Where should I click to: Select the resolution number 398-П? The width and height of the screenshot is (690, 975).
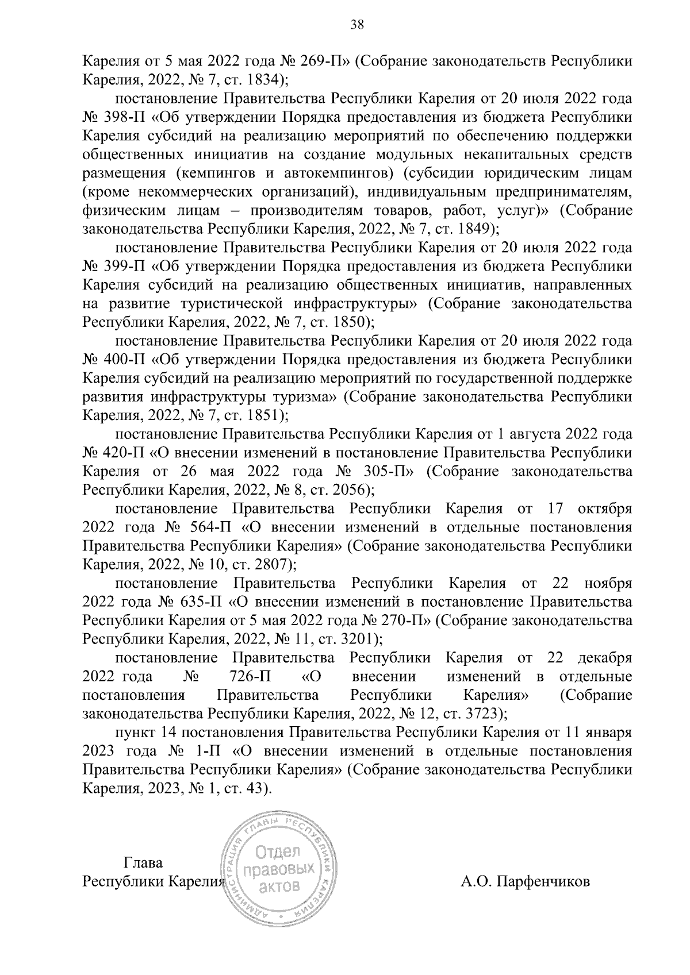[125, 118]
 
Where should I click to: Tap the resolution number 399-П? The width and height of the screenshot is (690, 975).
[125, 267]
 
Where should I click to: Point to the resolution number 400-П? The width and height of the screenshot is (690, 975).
[125, 360]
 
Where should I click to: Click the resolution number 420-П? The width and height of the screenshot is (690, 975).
[125, 453]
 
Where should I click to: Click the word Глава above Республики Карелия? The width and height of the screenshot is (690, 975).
[143, 863]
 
